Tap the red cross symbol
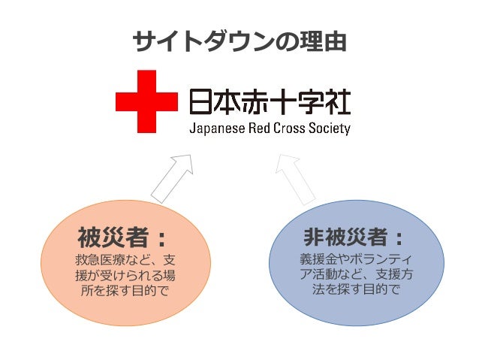(x=146, y=102)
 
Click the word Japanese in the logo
(x=218, y=128)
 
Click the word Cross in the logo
(x=295, y=128)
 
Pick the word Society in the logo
(x=333, y=128)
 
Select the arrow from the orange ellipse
(x=173, y=177)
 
